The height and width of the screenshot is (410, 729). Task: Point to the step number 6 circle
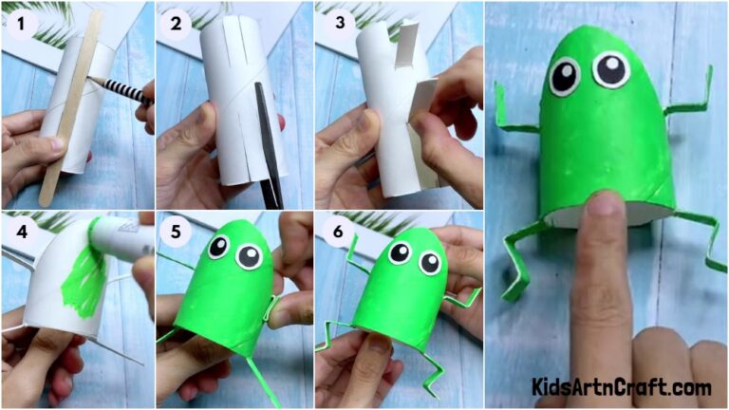[333, 229]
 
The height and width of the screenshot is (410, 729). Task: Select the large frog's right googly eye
[609, 68]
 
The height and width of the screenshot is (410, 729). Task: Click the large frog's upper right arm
[693, 95]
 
